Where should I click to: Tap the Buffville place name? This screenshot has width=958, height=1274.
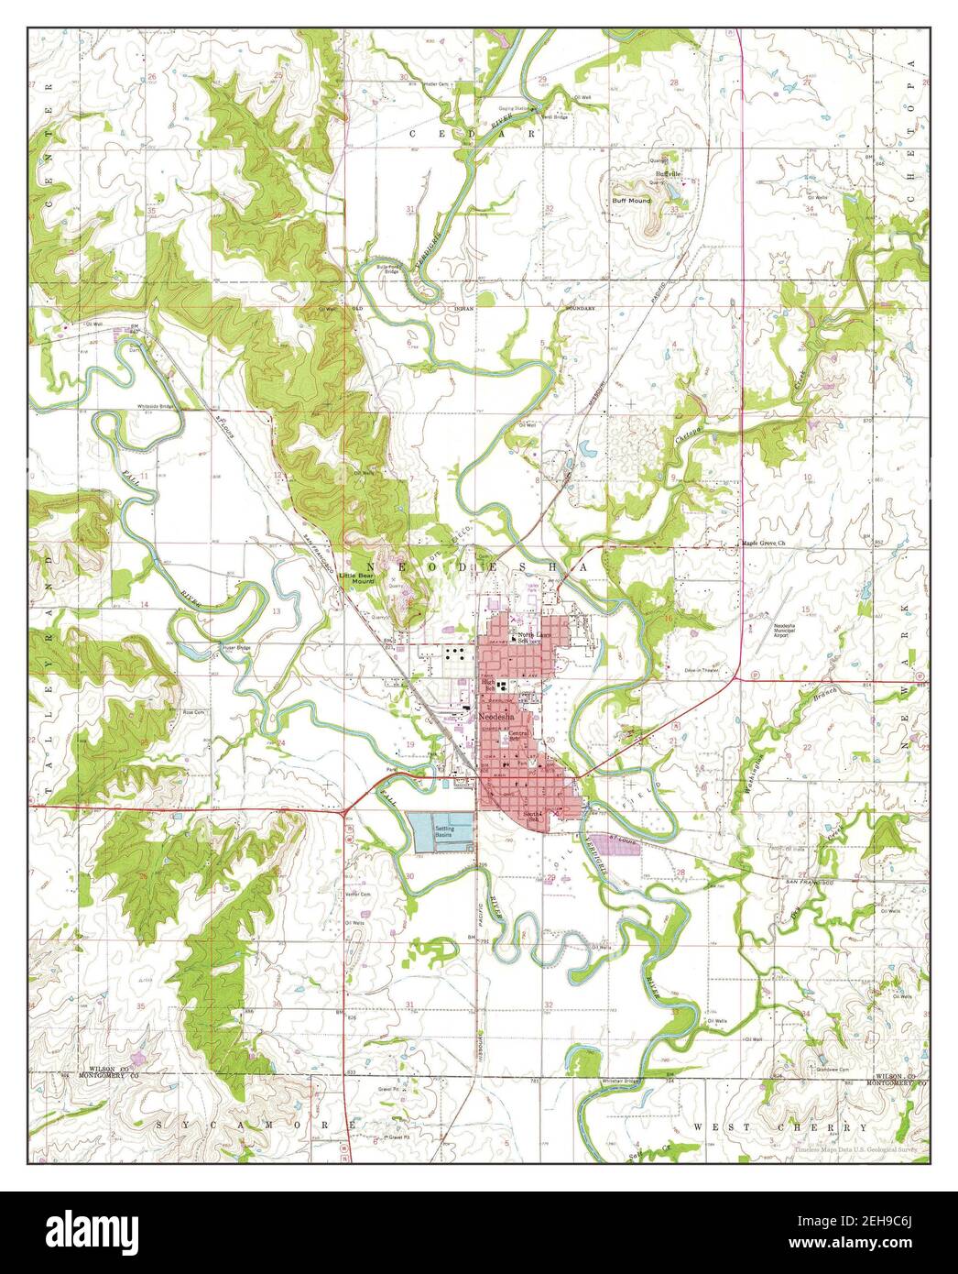click(668, 173)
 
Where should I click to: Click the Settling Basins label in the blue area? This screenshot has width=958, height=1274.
click(443, 830)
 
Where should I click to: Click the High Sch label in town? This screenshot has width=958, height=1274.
click(488, 686)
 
